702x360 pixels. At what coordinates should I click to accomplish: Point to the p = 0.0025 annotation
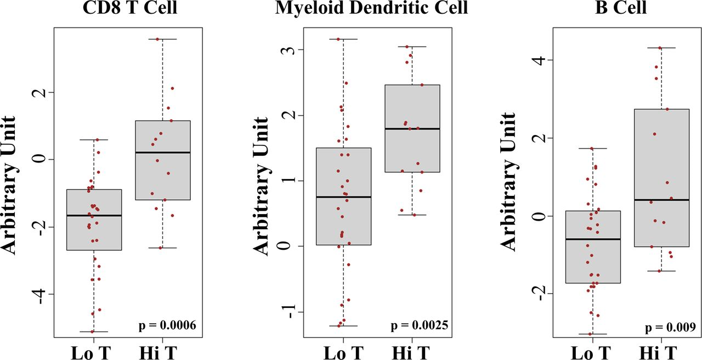click(x=418, y=325)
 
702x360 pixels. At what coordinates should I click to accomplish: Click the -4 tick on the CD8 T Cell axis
click(x=39, y=294)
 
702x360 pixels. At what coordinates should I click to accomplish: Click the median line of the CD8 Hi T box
click(x=162, y=152)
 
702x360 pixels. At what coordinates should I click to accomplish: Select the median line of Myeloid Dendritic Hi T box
click(x=412, y=128)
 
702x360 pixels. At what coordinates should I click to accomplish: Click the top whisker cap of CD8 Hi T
click(x=162, y=39)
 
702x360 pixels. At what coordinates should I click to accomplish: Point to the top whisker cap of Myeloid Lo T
click(x=343, y=39)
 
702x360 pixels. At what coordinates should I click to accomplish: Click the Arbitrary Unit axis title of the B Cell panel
click(x=508, y=181)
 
